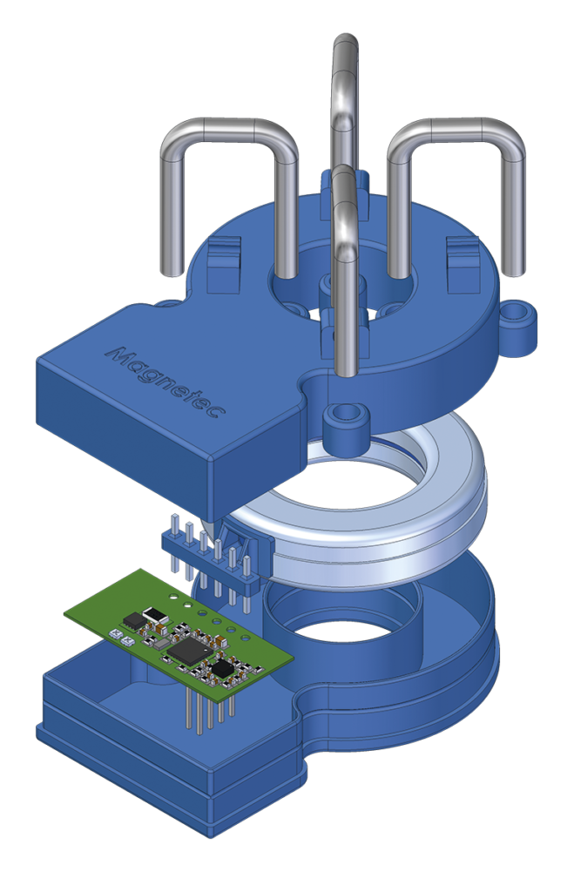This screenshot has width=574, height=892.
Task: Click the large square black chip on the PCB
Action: click(x=189, y=650)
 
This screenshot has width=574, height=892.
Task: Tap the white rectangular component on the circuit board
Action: click(x=155, y=616)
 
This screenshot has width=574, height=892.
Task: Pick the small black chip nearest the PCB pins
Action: click(x=223, y=668)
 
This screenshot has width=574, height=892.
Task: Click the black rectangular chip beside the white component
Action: click(x=133, y=620)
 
